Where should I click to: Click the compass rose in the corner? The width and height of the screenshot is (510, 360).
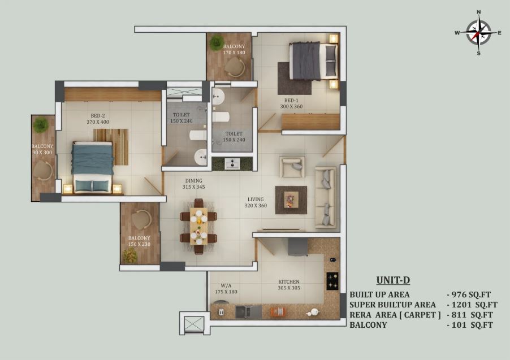(x=478, y=33)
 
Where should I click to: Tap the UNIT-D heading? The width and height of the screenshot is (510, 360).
(x=393, y=280)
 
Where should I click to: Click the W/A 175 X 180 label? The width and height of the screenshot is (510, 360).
(x=226, y=289)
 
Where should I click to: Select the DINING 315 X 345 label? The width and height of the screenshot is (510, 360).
(x=193, y=184)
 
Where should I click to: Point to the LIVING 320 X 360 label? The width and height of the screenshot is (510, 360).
(x=256, y=202)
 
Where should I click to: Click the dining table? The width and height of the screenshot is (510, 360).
(x=198, y=226)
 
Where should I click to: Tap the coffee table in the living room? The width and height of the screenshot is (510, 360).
(x=291, y=199)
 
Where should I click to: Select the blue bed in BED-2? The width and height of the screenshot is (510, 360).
(x=93, y=167)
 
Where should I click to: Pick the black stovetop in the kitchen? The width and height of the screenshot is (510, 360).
(x=332, y=281)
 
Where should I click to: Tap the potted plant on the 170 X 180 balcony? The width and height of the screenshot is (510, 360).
(x=216, y=42)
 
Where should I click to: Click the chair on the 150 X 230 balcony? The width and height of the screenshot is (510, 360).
(x=141, y=219)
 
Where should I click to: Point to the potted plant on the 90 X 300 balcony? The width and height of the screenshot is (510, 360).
(x=41, y=125)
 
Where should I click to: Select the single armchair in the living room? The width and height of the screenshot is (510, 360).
(x=292, y=167)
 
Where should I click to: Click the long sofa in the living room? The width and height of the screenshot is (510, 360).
(x=325, y=197)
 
